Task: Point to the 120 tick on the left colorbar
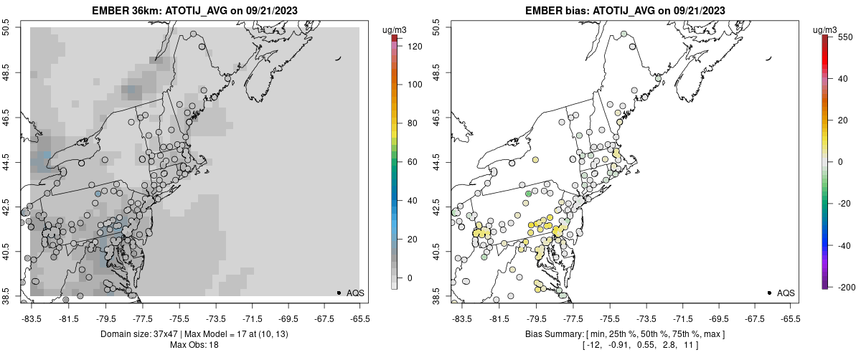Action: [x=414, y=46]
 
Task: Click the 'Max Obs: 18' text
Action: [x=194, y=345]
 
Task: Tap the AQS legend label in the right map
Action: [x=786, y=293]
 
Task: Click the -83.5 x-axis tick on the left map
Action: [x=32, y=318]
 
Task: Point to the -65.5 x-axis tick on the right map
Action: [x=790, y=318]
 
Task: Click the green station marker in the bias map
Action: [x=528, y=194]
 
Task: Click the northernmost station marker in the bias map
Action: [x=624, y=33]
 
